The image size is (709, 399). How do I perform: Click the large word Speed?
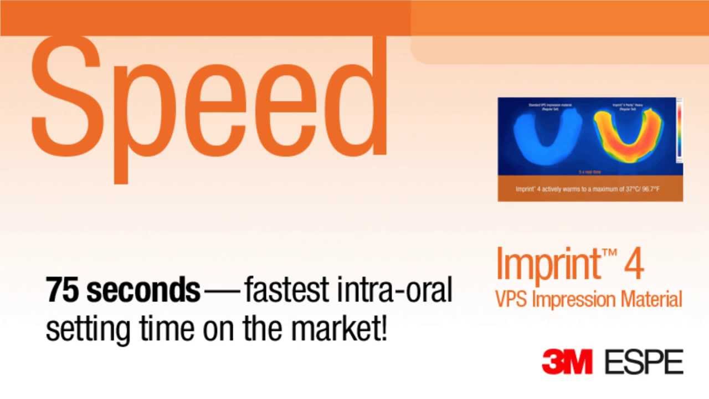click(210, 105)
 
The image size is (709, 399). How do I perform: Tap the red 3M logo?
click(567, 362)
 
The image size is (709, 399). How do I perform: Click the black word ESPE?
click(644, 362)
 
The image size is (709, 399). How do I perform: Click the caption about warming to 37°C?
click(587, 189)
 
